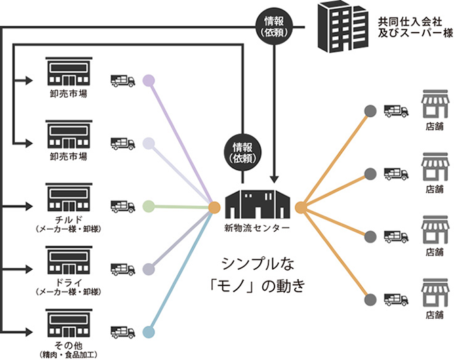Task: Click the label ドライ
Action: click(x=66, y=281)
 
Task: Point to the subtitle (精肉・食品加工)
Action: click(x=66, y=354)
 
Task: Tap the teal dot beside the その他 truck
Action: click(x=150, y=332)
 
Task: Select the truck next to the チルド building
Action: click(x=123, y=205)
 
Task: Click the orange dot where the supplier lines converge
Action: click(x=214, y=207)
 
